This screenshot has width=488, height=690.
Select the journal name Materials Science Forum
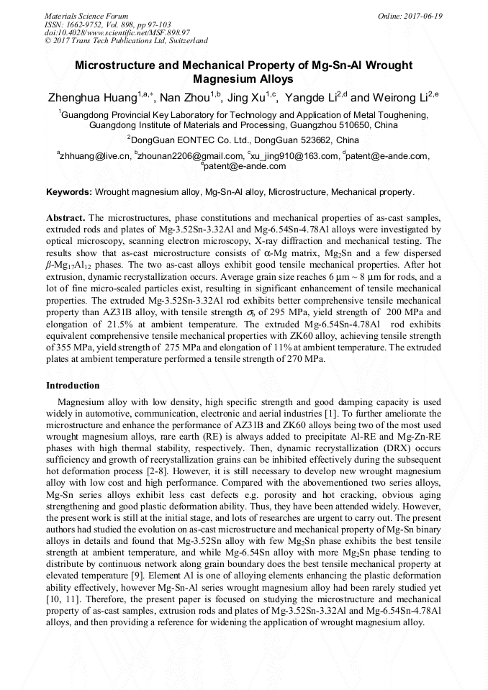[86, 15]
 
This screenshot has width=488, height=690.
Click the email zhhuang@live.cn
[95, 156]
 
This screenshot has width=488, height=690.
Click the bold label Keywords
[68, 193]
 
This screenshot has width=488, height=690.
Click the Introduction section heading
[73, 386]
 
